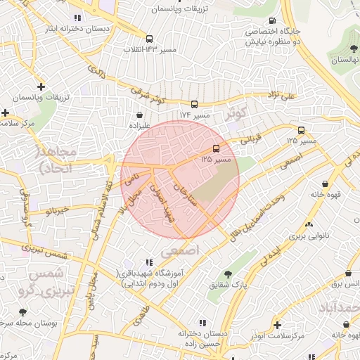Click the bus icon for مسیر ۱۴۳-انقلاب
[149, 39]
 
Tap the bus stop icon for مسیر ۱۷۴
[194, 104]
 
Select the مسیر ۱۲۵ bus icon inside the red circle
[215, 148]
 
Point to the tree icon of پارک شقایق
[227, 274]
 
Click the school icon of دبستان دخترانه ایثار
[76, 18]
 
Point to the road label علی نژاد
[281, 94]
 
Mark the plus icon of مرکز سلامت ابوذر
[278, 325]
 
